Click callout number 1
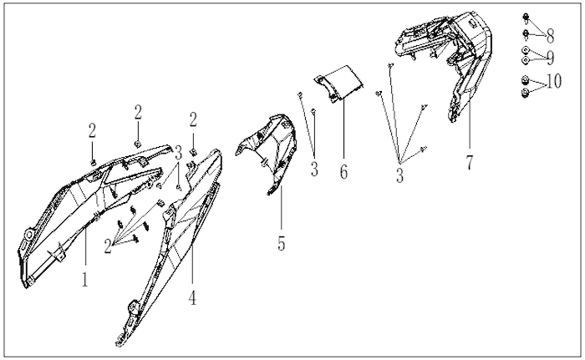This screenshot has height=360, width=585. point(85,279)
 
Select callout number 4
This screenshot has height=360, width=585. point(192,297)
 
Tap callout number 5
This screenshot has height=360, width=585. point(282,243)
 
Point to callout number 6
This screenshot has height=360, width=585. point(343,171)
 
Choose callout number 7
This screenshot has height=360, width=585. point(470,163)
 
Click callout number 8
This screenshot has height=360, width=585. point(550,36)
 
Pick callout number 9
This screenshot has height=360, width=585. point(550,58)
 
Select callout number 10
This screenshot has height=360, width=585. point(554,81)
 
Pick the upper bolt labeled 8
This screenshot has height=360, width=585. point(526,18)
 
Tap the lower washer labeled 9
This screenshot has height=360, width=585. point(526,60)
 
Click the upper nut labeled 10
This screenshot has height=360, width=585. point(526,80)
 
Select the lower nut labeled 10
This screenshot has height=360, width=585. point(526,93)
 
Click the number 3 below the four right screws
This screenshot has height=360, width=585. point(399,175)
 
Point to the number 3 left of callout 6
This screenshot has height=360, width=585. point(314,169)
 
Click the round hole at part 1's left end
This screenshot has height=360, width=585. point(28,235)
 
